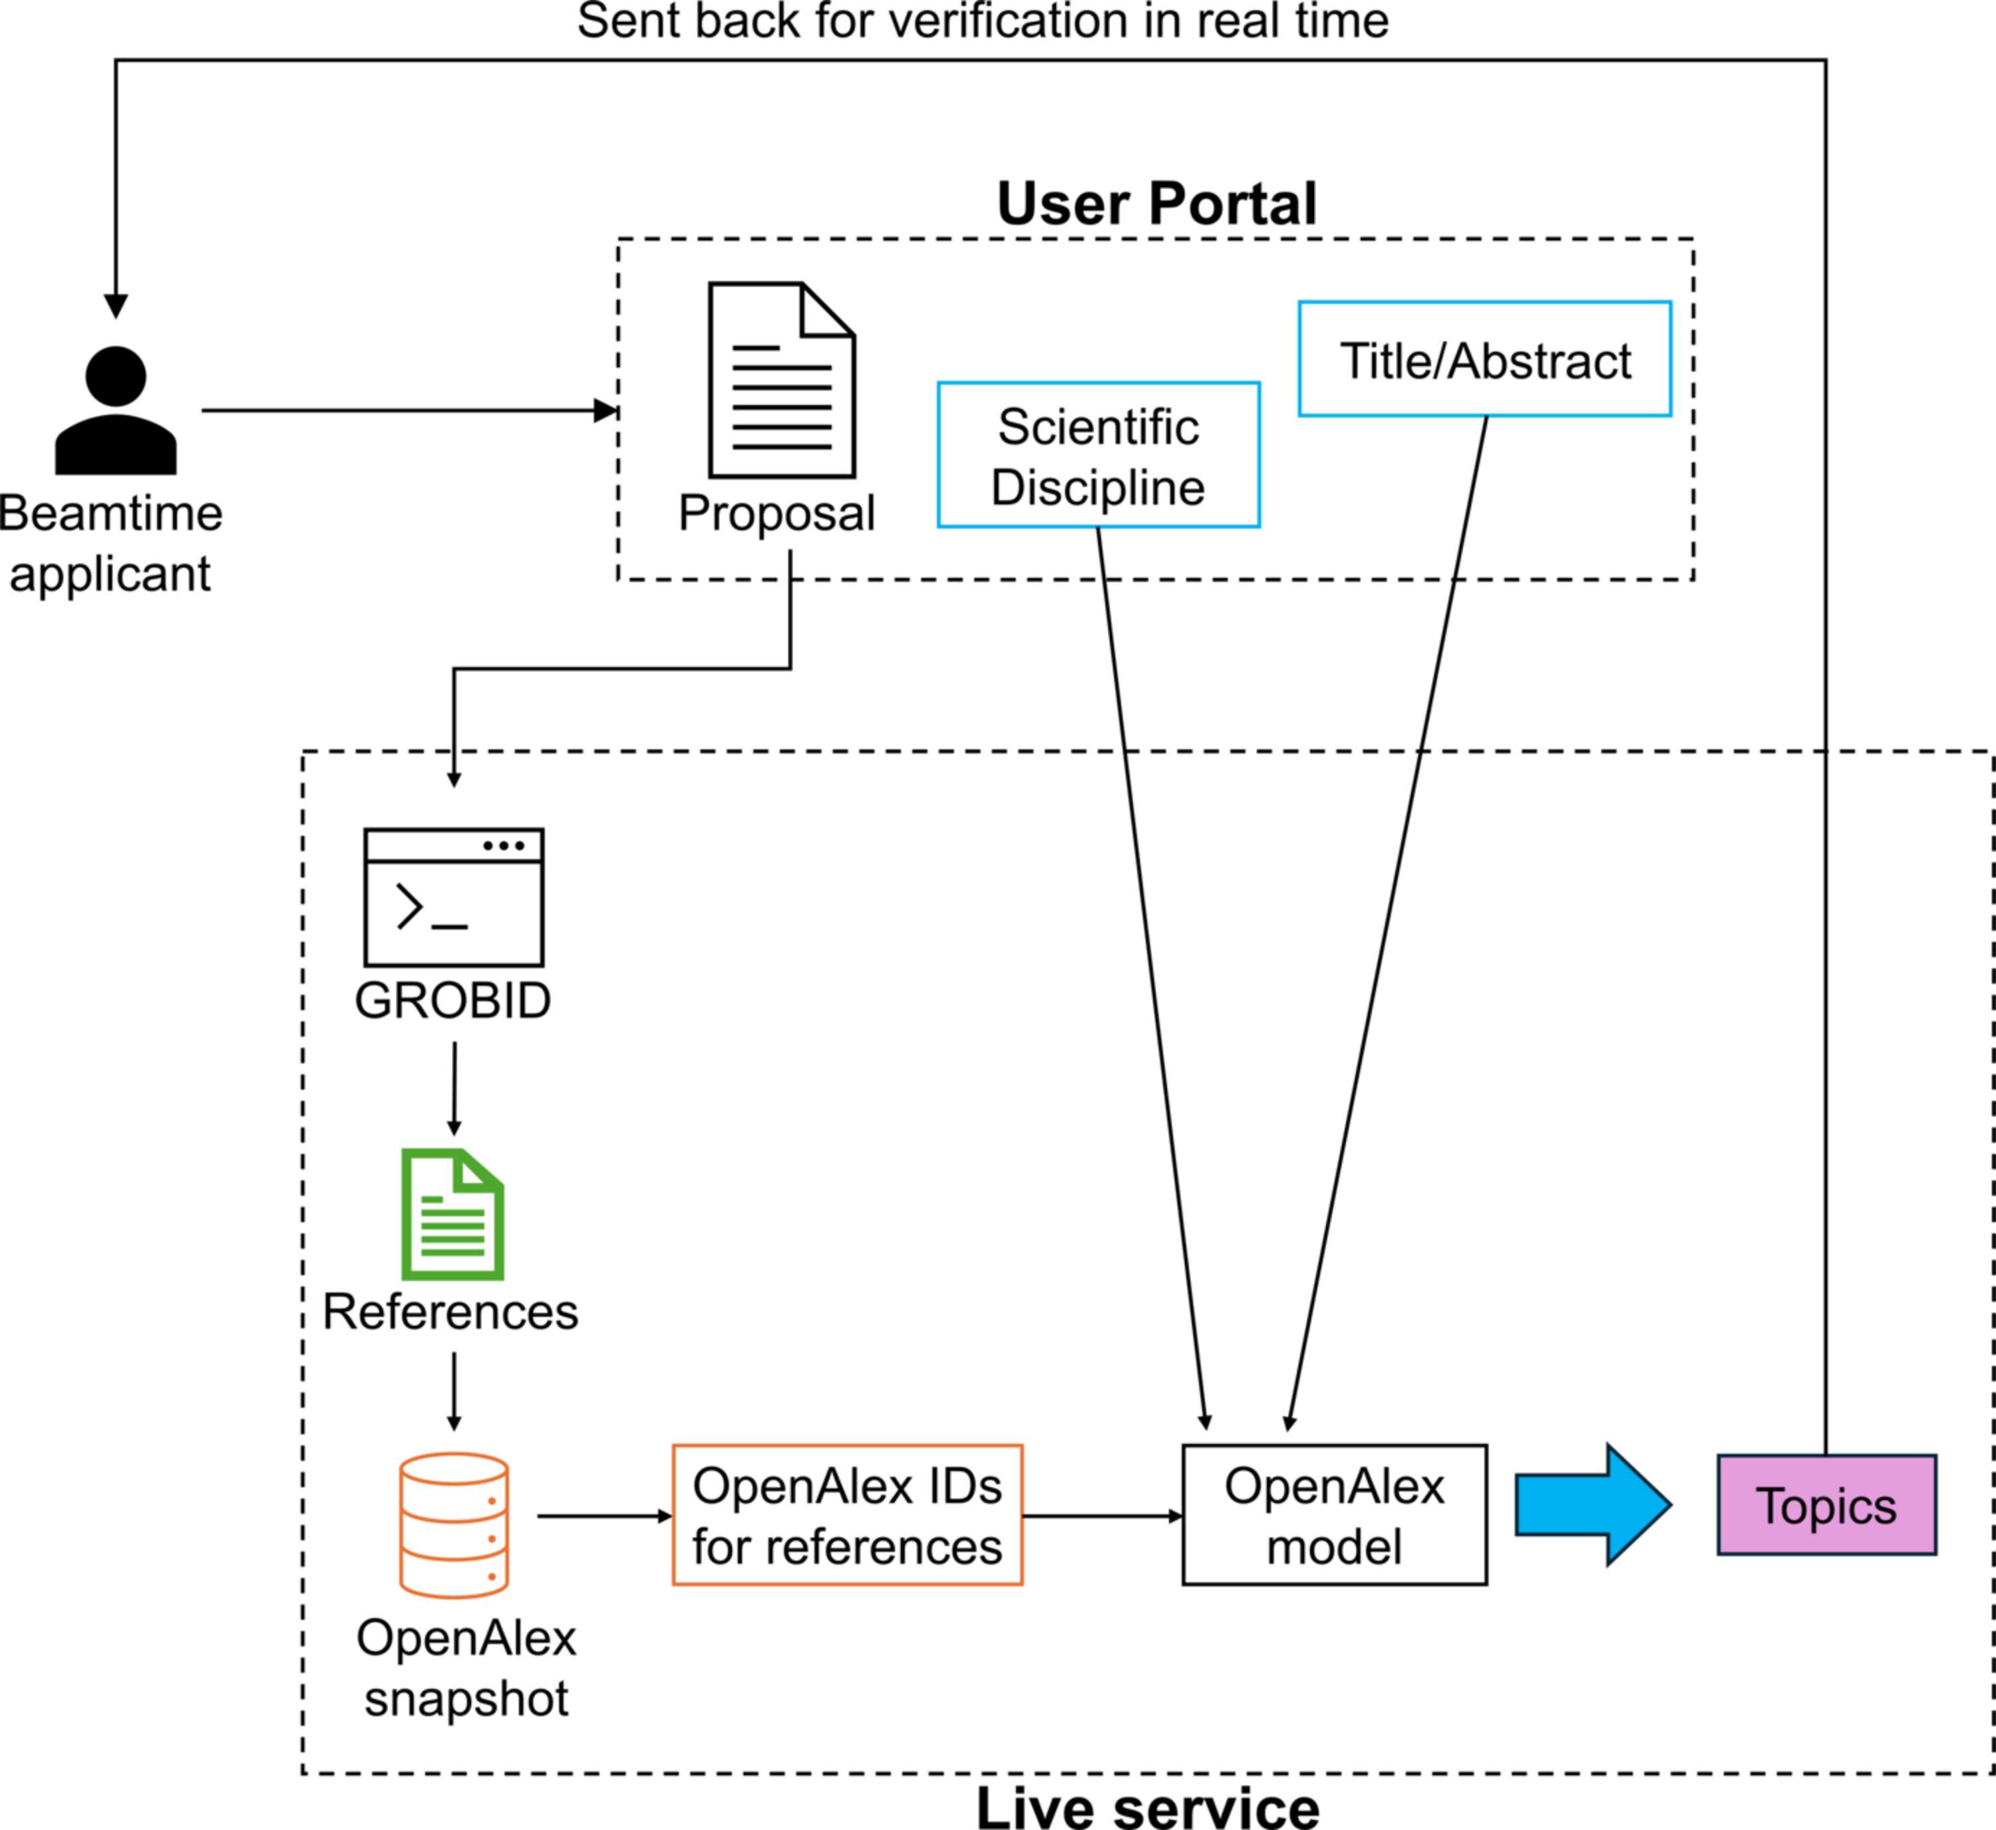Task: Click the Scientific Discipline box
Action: pos(1098,454)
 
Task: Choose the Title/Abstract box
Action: pos(1485,359)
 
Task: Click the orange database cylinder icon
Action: pos(454,1525)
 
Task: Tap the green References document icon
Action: pos(452,1214)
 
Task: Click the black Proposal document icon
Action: pos(782,381)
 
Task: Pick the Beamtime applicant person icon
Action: pos(116,410)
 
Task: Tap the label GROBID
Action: pos(452,1000)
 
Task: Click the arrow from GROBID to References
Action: pos(454,1088)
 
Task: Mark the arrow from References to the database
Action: pos(454,1392)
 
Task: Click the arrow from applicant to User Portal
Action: pos(410,410)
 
